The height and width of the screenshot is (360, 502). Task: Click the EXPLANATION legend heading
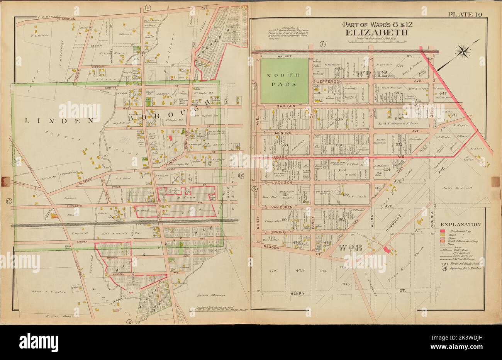(x=460, y=224)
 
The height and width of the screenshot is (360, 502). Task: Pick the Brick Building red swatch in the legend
(x=443, y=231)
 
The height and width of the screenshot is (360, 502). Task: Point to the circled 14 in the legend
(x=443, y=268)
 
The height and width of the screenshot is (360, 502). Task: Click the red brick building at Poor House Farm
(x=387, y=249)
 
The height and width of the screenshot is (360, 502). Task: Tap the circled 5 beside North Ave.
(x=254, y=189)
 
